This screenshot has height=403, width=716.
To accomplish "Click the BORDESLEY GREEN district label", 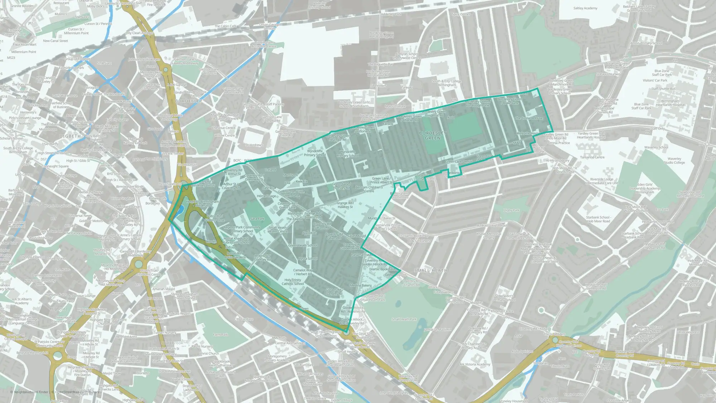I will click(x=432, y=135).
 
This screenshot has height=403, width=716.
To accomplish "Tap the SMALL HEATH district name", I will click(x=431, y=270).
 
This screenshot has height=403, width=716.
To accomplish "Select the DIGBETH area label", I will click(x=70, y=136).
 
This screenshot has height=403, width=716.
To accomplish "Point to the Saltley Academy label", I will click(x=585, y=8).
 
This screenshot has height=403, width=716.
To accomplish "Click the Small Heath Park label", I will click(x=404, y=319).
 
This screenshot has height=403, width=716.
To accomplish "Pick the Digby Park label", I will click(x=512, y=210).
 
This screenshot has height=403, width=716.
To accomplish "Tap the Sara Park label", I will click(x=257, y=219).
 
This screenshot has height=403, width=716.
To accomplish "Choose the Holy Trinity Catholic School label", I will click(x=292, y=282).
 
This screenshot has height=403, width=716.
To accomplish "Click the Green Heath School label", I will click(x=303, y=245).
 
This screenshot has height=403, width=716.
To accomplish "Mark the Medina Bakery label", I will click(x=361, y=286).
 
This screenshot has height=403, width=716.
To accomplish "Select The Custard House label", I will click(x=529, y=118).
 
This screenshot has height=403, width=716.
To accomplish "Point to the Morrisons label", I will click(x=290, y=175).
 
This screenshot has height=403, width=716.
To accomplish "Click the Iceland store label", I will click(x=270, y=170).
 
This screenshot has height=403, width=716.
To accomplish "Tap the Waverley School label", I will click(x=656, y=147).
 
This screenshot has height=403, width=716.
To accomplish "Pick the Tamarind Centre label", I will click(x=592, y=157).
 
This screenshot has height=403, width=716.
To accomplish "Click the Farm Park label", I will click(x=221, y=335).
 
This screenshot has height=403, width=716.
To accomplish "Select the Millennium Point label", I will click(x=24, y=52).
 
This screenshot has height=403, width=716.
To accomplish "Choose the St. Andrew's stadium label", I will click(x=254, y=145).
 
